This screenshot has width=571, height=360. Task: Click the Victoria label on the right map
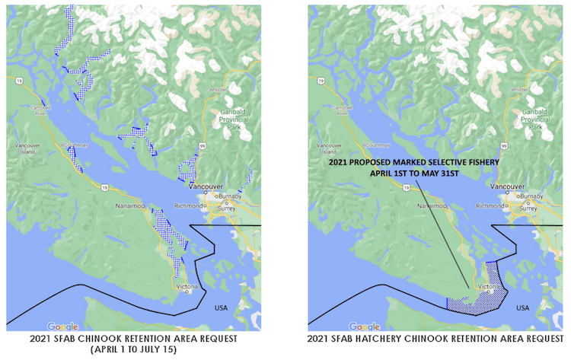click(490, 286)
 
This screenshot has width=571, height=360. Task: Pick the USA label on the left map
click(222, 307)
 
